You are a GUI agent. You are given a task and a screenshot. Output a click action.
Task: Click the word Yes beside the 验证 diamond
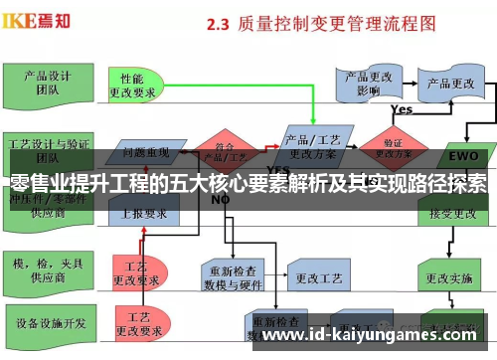pos(402,109)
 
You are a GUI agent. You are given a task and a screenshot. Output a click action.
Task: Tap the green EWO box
pos(462,156)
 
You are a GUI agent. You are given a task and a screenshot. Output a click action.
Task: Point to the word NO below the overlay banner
pos(220,199)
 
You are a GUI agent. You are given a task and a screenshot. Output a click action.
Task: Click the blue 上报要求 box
pos(146,212)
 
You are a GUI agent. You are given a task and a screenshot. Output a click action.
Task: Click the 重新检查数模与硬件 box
pos(237,274)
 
